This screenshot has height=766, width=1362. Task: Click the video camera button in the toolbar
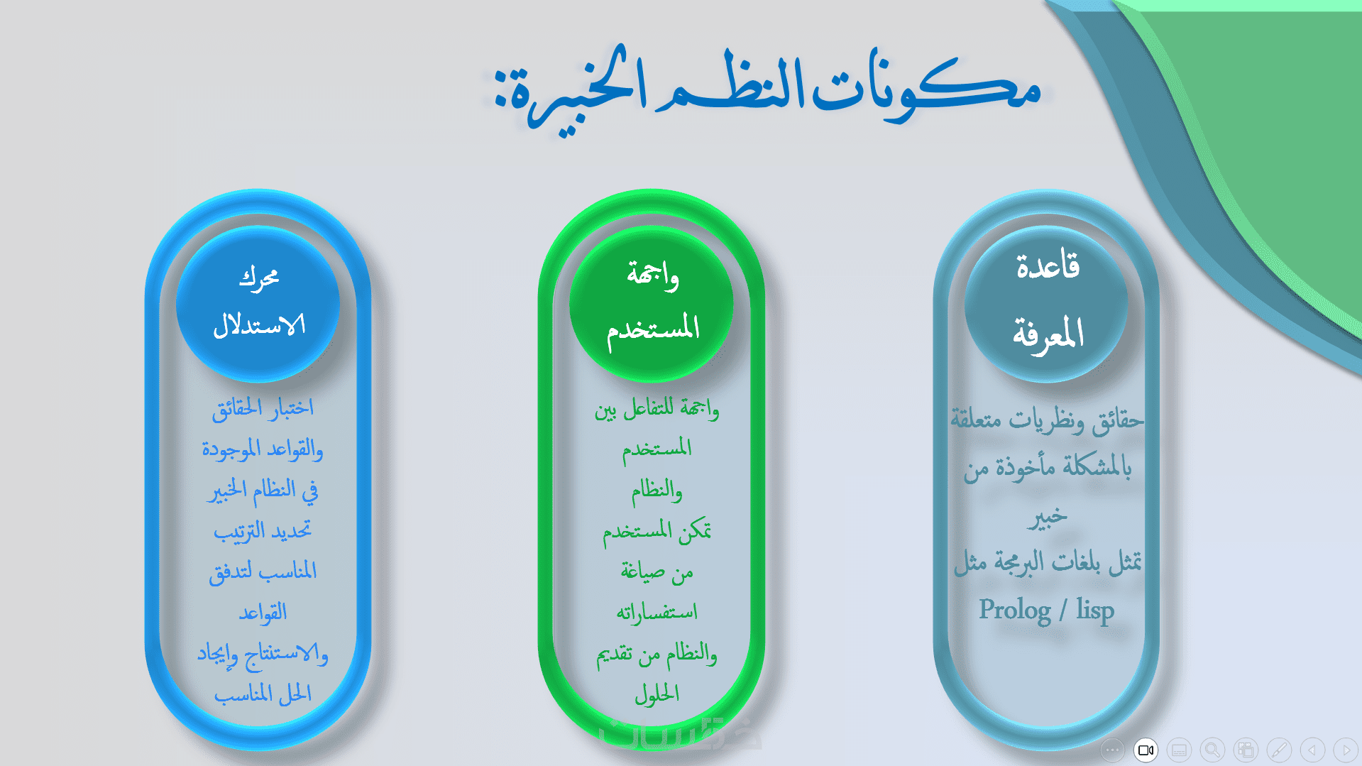tap(1146, 750)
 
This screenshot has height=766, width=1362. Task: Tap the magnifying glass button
tap(1212, 750)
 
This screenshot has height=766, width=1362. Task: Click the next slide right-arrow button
tap(1346, 750)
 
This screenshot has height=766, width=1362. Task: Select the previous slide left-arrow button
tap(1312, 750)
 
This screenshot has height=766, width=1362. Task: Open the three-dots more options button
tap(1112, 750)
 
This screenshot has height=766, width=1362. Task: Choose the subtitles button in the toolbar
tap(1179, 750)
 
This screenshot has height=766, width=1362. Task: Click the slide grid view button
tap(1246, 750)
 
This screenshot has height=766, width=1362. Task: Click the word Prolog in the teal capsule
tap(1015, 611)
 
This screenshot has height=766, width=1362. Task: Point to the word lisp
tap(1095, 611)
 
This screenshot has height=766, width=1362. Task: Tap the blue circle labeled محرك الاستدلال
tap(258, 304)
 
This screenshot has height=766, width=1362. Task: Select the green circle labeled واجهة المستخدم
tap(652, 304)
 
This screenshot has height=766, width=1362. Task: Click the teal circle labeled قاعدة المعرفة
tap(1046, 304)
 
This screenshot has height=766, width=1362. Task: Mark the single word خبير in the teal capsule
tap(1047, 516)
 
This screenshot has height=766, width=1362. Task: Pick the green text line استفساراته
tap(657, 611)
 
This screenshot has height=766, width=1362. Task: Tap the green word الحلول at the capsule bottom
tap(657, 693)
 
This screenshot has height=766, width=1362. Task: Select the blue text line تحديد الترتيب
tap(263, 530)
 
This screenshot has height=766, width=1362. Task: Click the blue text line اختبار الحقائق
tap(263, 408)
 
